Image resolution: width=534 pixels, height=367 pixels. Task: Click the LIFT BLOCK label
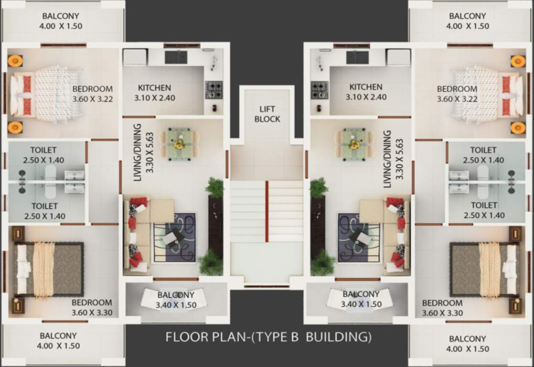tap(267, 114)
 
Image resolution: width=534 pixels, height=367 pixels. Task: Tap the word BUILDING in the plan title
tap(338, 337)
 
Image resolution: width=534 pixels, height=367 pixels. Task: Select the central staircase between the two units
tap(267, 210)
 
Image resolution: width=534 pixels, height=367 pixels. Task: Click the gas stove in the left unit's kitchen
tap(214, 89)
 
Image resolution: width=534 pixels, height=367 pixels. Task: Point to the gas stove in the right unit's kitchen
tap(320, 89)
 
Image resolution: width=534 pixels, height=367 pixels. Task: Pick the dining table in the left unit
tap(180, 143)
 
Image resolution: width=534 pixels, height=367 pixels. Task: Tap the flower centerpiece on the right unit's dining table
tap(354, 144)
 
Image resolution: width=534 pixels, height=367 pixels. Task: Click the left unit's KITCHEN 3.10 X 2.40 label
tap(154, 92)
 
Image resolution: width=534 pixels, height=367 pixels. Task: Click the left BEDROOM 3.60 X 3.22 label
tap(92, 94)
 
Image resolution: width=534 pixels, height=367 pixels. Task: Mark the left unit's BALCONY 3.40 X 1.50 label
tap(176, 300)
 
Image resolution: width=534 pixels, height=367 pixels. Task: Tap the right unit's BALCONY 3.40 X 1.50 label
tap(361, 299)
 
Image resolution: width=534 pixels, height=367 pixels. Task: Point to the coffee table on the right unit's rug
tap(359, 237)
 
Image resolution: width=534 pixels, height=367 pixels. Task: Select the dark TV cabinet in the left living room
tap(215, 225)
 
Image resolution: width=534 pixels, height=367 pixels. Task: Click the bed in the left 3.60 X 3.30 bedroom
tap(48, 270)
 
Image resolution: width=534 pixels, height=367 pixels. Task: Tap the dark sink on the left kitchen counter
tap(176, 57)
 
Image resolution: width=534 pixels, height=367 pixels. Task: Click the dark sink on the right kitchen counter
tap(357, 57)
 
